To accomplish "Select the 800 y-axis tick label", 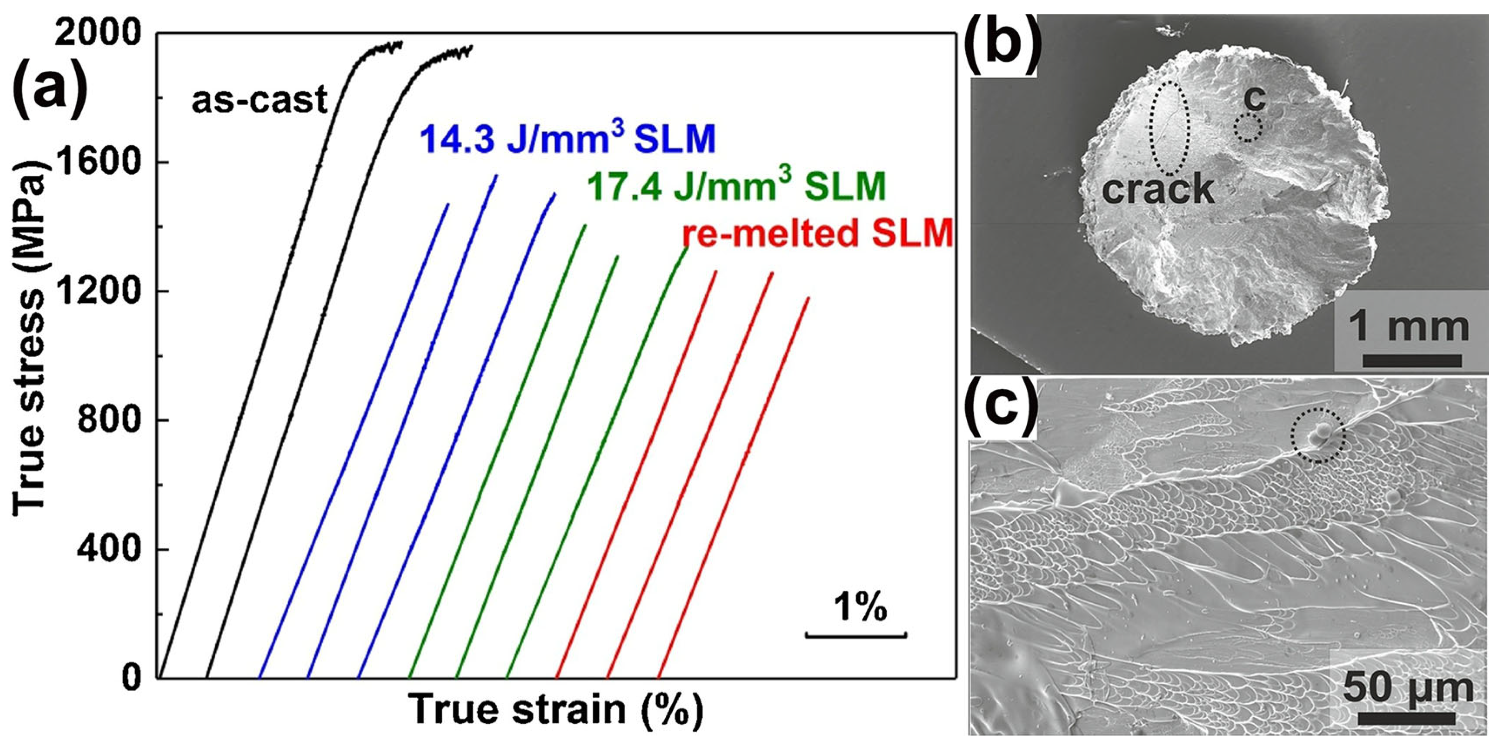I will click(108, 420).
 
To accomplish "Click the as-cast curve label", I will click(260, 100).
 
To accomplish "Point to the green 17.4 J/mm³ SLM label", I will click(736, 186).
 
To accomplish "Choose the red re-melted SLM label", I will click(818, 234).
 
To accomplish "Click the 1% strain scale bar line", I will click(855, 635).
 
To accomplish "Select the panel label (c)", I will click(1002, 408).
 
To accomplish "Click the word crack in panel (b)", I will click(1158, 189).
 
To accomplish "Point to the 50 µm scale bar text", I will click(1408, 690).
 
